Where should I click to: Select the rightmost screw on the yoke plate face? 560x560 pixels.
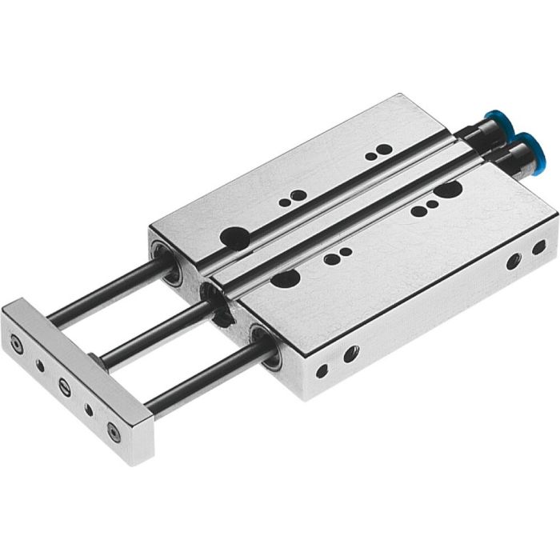(114, 432)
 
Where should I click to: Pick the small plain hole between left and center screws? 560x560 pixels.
(40, 366)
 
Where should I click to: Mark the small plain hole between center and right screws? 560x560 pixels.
(89, 410)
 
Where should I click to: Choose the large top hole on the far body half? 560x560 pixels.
(236, 236)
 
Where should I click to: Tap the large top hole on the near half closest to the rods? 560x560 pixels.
(285, 278)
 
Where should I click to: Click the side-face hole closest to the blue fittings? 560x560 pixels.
(538, 247)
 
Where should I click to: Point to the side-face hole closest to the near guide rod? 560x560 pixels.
(322, 370)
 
